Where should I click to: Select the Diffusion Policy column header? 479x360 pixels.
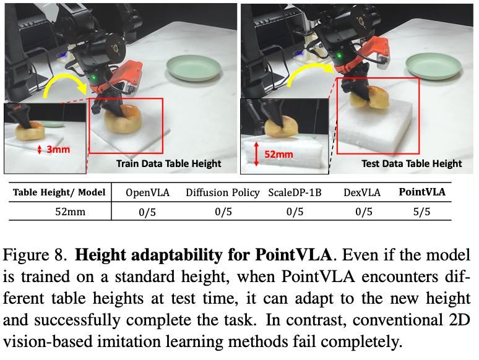223,192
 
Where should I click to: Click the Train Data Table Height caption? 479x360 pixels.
169,164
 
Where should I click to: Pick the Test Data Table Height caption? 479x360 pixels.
412,164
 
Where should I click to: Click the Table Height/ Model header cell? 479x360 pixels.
59,192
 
